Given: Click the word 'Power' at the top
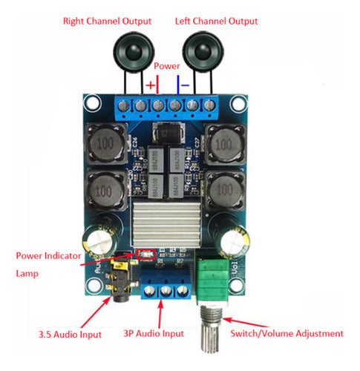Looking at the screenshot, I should [x=166, y=65].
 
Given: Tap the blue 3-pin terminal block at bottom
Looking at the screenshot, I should [x=163, y=284].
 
